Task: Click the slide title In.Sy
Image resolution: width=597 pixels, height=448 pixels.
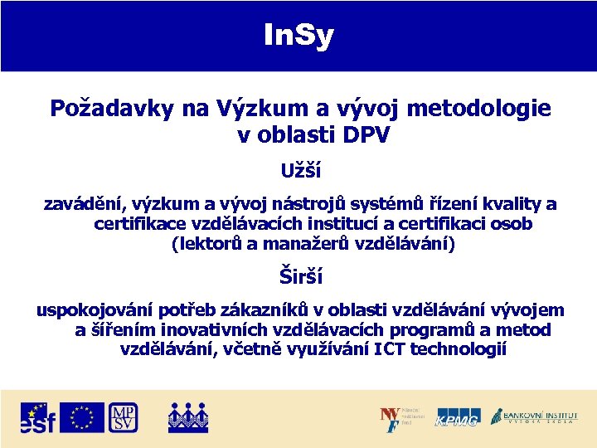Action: [x=298, y=36]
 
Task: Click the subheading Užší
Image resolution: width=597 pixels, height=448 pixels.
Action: [x=300, y=172]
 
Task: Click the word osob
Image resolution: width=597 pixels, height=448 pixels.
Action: [x=512, y=224]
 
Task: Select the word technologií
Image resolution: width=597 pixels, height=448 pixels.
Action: [x=458, y=349]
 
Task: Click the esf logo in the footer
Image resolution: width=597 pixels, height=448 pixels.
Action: [x=38, y=418]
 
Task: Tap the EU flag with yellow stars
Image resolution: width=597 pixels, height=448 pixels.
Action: [x=82, y=417]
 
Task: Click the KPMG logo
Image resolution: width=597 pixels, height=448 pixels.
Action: [x=458, y=418]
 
